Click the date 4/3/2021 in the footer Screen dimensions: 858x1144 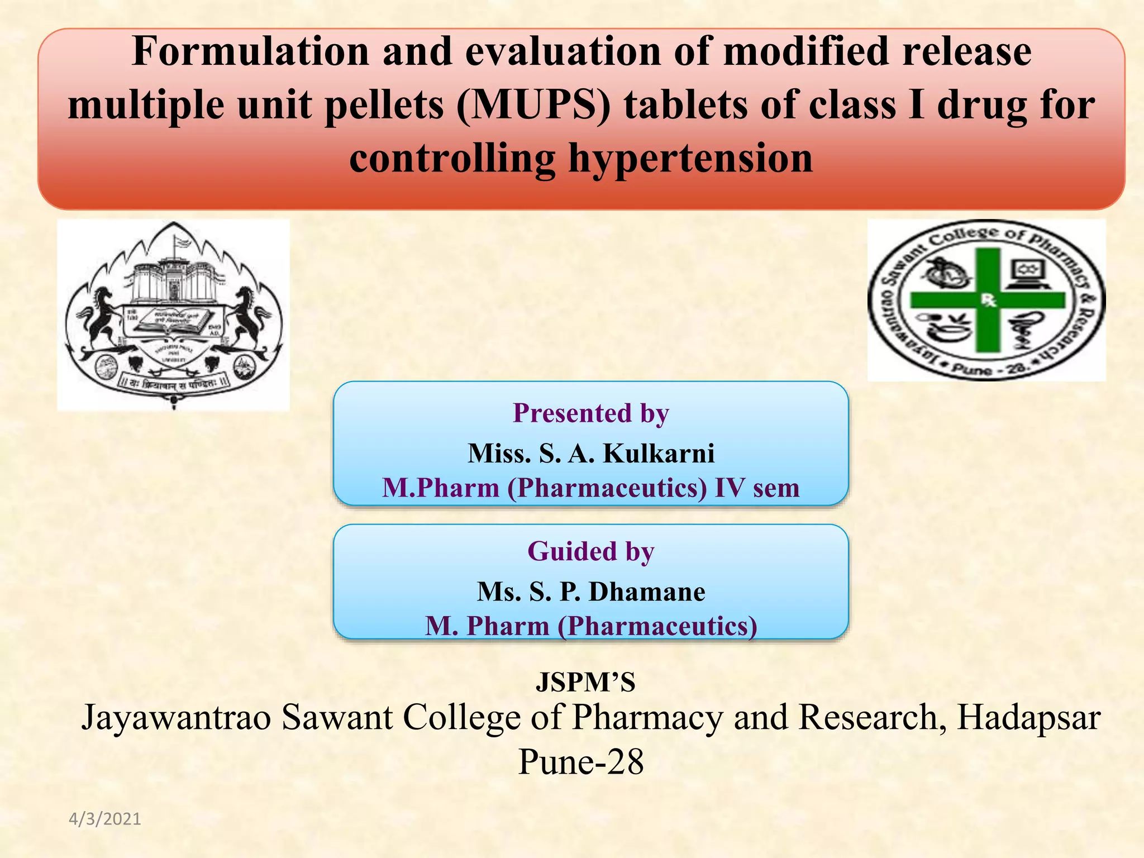coord(105,819)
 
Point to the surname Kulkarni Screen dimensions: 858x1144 coord(659,453)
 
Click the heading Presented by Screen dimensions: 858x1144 coord(590,413)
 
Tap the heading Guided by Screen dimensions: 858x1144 coord(590,551)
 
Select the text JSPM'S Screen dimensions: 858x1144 coord(585,682)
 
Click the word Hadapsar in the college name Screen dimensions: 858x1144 coord(1028,717)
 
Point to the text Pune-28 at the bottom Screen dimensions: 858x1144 coord(581,761)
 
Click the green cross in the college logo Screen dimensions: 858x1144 coord(988,300)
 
